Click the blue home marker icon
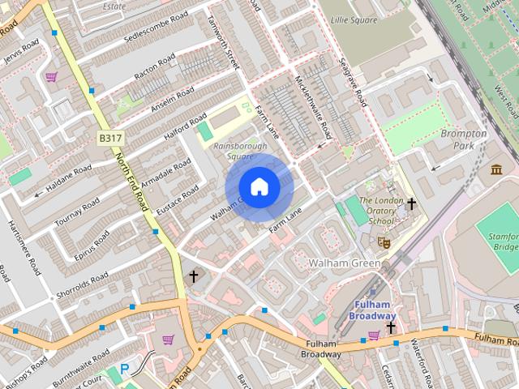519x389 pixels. (259, 187)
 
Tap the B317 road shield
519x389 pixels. (111, 139)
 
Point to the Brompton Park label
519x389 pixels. (463, 139)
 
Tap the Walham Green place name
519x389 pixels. (344, 263)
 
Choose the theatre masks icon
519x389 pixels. (384, 241)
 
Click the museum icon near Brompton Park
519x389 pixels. (496, 169)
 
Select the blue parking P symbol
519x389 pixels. (124, 370)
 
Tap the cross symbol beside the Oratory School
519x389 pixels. (411, 203)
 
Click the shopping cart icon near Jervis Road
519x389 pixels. (52, 78)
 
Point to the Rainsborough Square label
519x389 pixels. (234, 152)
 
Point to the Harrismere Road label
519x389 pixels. (23, 248)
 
